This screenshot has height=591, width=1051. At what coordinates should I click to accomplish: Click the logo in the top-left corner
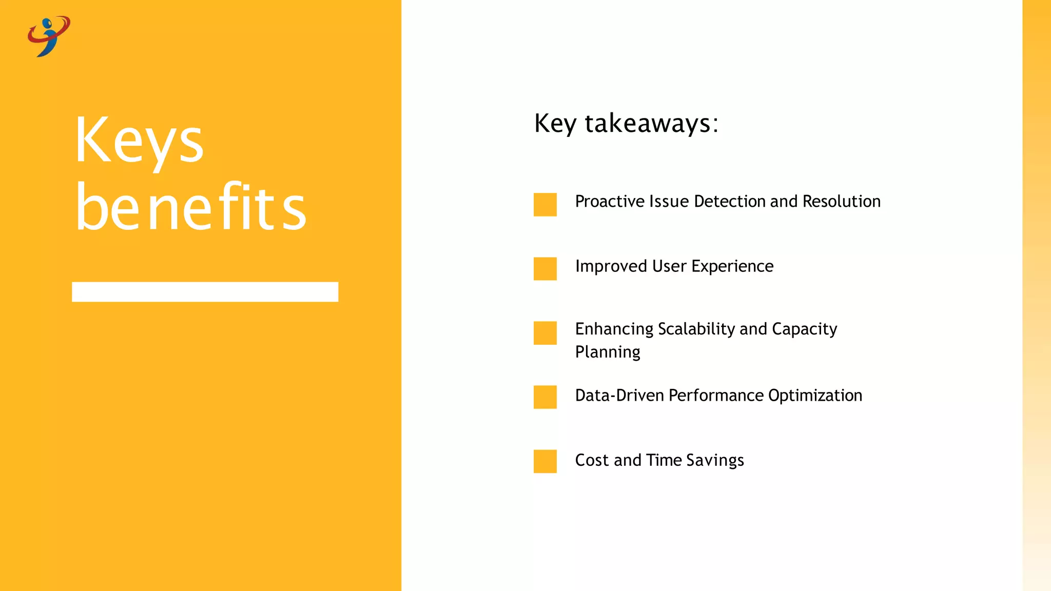click(x=49, y=36)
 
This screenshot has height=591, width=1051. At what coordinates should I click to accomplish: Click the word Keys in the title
click(x=139, y=141)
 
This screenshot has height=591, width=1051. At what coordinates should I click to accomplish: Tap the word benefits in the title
click(x=190, y=207)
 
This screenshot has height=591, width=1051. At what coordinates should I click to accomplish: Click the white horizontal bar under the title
click(x=205, y=291)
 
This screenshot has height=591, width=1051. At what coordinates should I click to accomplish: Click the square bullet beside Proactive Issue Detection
click(x=545, y=204)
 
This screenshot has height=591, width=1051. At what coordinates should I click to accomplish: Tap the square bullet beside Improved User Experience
click(x=545, y=269)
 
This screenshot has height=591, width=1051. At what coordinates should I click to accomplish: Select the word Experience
click(x=732, y=267)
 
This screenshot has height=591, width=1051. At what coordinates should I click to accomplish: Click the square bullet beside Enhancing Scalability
click(x=545, y=333)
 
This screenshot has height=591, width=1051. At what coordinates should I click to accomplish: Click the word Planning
click(x=608, y=352)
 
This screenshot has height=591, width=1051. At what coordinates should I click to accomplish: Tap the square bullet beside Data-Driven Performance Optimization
click(x=545, y=397)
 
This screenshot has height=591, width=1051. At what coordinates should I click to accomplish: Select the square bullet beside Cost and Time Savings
click(x=545, y=461)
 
